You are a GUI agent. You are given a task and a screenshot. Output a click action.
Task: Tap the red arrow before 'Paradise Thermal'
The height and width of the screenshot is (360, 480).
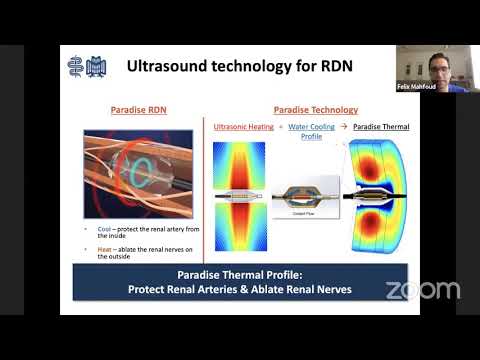pyautogui.click(x=343, y=128)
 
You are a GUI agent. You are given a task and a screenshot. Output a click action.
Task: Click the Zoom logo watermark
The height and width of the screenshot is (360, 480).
pyautogui.click(x=422, y=290)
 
